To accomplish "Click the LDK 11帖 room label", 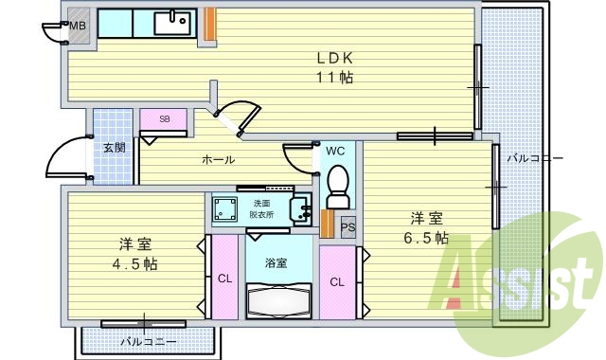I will pyautogui.click(x=334, y=68).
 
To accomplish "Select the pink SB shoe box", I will pyautogui.click(x=164, y=119).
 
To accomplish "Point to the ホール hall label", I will pyautogui.click(x=218, y=160).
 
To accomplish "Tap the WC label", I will pyautogui.click(x=336, y=151).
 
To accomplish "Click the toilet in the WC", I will pyautogui.click(x=337, y=186).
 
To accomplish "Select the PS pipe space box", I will pyautogui.click(x=348, y=226).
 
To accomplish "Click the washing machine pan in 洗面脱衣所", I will pyautogui.click(x=224, y=208).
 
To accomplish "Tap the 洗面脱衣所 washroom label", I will pyautogui.click(x=262, y=209).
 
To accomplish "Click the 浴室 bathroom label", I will pyautogui.click(x=276, y=262).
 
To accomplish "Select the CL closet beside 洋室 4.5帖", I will pyautogui.click(x=224, y=279).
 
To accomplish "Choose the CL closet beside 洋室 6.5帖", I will pyautogui.click(x=337, y=281).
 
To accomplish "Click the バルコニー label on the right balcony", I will pyautogui.click(x=533, y=158).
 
